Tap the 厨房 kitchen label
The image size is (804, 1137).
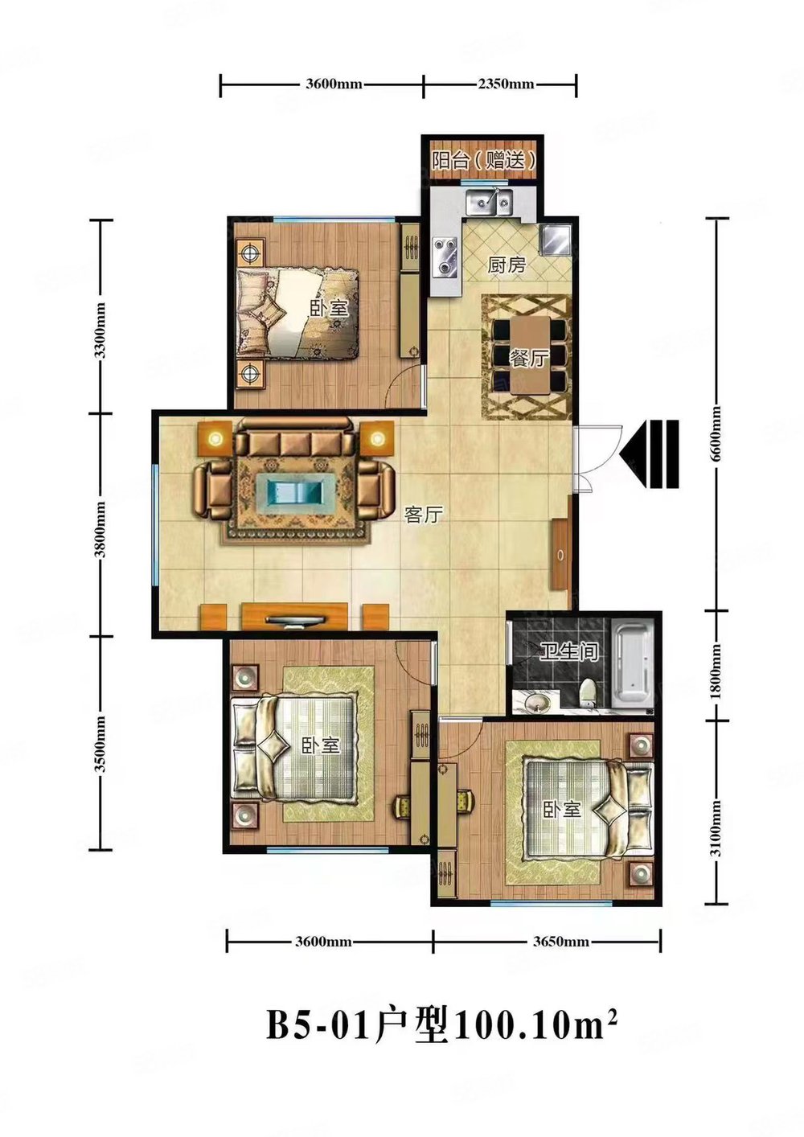(507, 265)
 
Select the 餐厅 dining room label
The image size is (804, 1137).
(528, 359)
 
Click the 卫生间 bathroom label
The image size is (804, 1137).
(568, 652)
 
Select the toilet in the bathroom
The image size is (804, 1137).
(588, 692)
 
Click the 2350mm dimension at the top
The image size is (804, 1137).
(506, 84)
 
